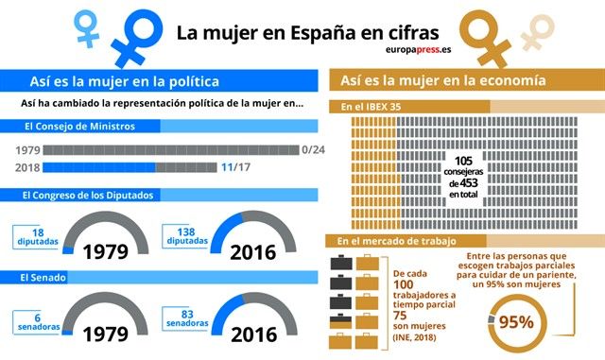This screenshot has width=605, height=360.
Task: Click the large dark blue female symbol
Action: (x=134, y=34)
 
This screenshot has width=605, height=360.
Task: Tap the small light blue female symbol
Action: (x=88, y=26)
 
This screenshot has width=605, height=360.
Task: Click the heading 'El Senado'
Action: (x=48, y=278)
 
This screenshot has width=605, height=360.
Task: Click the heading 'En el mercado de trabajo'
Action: (x=391, y=243)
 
